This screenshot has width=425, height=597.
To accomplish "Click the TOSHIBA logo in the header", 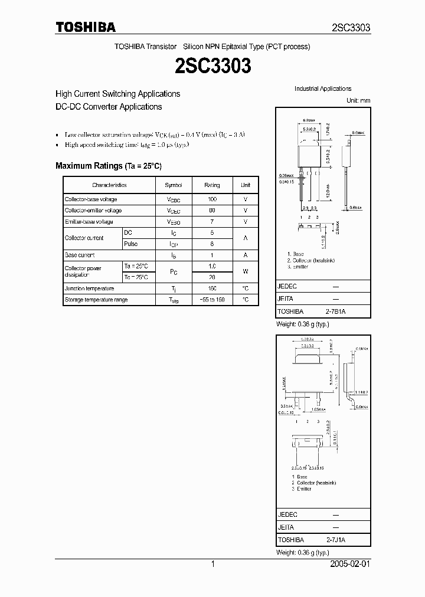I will point(86,28).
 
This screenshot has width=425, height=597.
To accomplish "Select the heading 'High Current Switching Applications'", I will point(117,94).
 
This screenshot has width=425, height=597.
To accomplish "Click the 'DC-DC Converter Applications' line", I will point(109,107).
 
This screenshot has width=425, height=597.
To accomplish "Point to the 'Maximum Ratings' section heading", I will point(108,166).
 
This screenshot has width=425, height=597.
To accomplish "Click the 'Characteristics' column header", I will point(109,185).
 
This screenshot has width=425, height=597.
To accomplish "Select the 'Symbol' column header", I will point(174,185).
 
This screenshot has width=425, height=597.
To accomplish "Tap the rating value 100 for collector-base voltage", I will point(212,199).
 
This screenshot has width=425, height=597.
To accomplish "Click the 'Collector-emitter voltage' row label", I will point(93,211).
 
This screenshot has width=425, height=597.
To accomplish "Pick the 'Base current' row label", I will point(80,255).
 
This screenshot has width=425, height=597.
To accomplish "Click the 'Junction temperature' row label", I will point(90,288).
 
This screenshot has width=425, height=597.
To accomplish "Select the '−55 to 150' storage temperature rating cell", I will point(212,300).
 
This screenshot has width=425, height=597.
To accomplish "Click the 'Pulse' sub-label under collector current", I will point(131,244).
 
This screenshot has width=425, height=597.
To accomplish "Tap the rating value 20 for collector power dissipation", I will point(212,277).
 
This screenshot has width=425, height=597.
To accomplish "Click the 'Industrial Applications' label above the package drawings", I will point(323,88).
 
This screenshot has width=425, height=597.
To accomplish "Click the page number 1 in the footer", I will point(212,565).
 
